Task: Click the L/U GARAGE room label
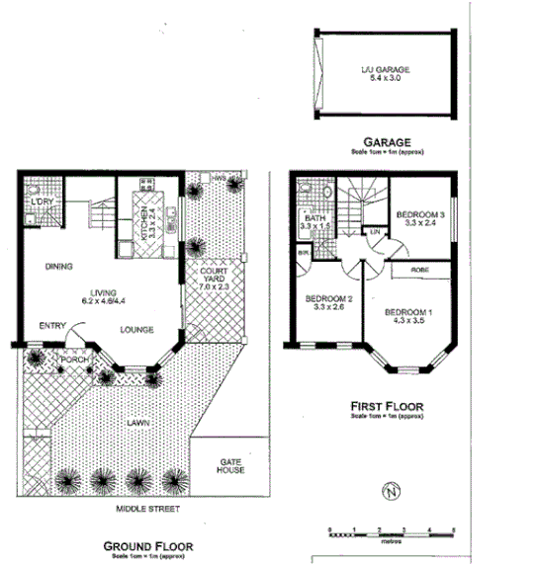(384, 70)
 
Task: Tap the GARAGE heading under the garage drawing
(385, 141)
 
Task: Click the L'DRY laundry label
(43, 202)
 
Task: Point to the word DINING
(61, 266)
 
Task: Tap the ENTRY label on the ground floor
(52, 325)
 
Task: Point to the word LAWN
(137, 423)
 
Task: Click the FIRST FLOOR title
(386, 406)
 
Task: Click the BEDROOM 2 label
(328, 299)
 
